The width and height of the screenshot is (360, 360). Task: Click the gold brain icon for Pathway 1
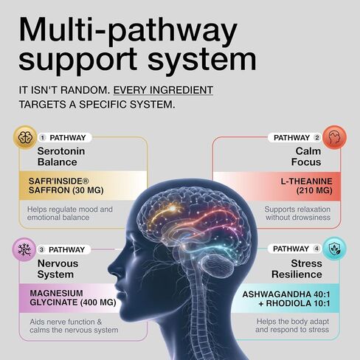25,137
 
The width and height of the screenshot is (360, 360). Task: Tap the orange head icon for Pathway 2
334,137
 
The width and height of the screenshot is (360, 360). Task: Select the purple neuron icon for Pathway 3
24,249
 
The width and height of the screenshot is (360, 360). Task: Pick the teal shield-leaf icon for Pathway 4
334,249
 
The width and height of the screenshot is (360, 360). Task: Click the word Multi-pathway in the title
128,30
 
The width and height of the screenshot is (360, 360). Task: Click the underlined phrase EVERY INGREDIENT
163,90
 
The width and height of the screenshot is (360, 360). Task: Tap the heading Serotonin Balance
61,156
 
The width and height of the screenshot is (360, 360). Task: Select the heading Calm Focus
306,156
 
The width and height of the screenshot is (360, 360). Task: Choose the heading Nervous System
58,269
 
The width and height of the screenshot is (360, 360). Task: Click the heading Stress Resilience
297,269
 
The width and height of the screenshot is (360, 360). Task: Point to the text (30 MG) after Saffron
88,190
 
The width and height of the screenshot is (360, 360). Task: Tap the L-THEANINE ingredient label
306,181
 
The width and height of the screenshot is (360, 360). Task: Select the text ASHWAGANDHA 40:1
286,294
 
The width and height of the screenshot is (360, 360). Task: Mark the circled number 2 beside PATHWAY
317,138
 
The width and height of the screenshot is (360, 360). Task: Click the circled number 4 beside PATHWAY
316,249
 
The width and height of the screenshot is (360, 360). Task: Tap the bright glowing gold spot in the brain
173,209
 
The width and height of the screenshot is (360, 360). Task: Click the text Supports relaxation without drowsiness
297,213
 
